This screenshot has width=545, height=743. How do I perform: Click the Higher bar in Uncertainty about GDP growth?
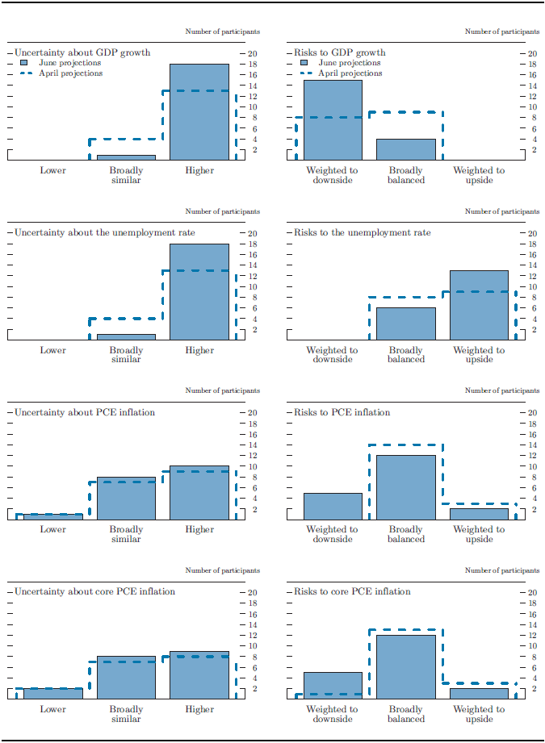[199, 112]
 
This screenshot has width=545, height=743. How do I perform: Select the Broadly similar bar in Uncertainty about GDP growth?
[126, 157]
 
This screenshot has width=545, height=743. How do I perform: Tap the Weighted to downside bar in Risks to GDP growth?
[333, 120]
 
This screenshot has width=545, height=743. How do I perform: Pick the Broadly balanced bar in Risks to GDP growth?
[405, 149]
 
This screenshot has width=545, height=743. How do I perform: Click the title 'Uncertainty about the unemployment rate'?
[105, 233]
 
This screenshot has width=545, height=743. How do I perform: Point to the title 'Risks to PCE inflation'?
[342, 412]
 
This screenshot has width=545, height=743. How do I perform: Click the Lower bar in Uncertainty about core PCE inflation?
[53, 693]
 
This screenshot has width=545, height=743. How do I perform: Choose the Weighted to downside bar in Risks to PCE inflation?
[333, 506]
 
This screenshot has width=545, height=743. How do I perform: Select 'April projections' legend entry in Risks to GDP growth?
[350, 73]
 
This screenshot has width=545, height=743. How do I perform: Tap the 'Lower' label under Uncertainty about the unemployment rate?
[53, 351]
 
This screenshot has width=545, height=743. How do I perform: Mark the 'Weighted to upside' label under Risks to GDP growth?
[479, 175]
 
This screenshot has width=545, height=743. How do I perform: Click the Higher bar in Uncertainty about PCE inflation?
[199, 493]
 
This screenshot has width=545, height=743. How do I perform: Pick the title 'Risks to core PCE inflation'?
[352, 591]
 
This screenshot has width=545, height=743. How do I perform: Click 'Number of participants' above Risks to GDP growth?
[502, 32]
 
